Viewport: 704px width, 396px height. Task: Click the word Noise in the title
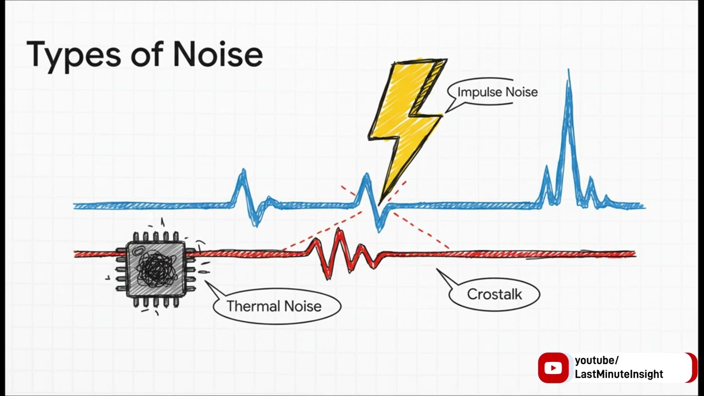pyautogui.click(x=218, y=53)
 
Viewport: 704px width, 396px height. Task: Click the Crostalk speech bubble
pyautogui.click(x=494, y=294)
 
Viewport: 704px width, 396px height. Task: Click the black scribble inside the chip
pyautogui.click(x=156, y=268)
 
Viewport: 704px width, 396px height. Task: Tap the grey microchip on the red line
pyautogui.click(x=156, y=269)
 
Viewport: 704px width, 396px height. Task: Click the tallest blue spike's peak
pyautogui.click(x=569, y=70)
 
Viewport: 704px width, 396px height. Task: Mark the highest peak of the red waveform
pyautogui.click(x=339, y=229)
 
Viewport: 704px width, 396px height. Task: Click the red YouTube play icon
pyautogui.click(x=553, y=367)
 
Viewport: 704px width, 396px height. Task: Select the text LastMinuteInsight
pyautogui.click(x=619, y=375)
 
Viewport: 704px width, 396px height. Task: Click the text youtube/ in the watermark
pyautogui.click(x=597, y=360)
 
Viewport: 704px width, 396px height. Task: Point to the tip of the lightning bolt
pyautogui.click(x=380, y=206)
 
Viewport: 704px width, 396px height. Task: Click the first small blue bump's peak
pyautogui.click(x=243, y=170)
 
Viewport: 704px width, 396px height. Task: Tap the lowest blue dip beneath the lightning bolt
pyautogui.click(x=379, y=231)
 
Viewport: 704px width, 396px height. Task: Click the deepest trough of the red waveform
pyautogui.click(x=328, y=278)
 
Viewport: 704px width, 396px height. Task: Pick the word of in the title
pyautogui.click(x=147, y=53)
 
